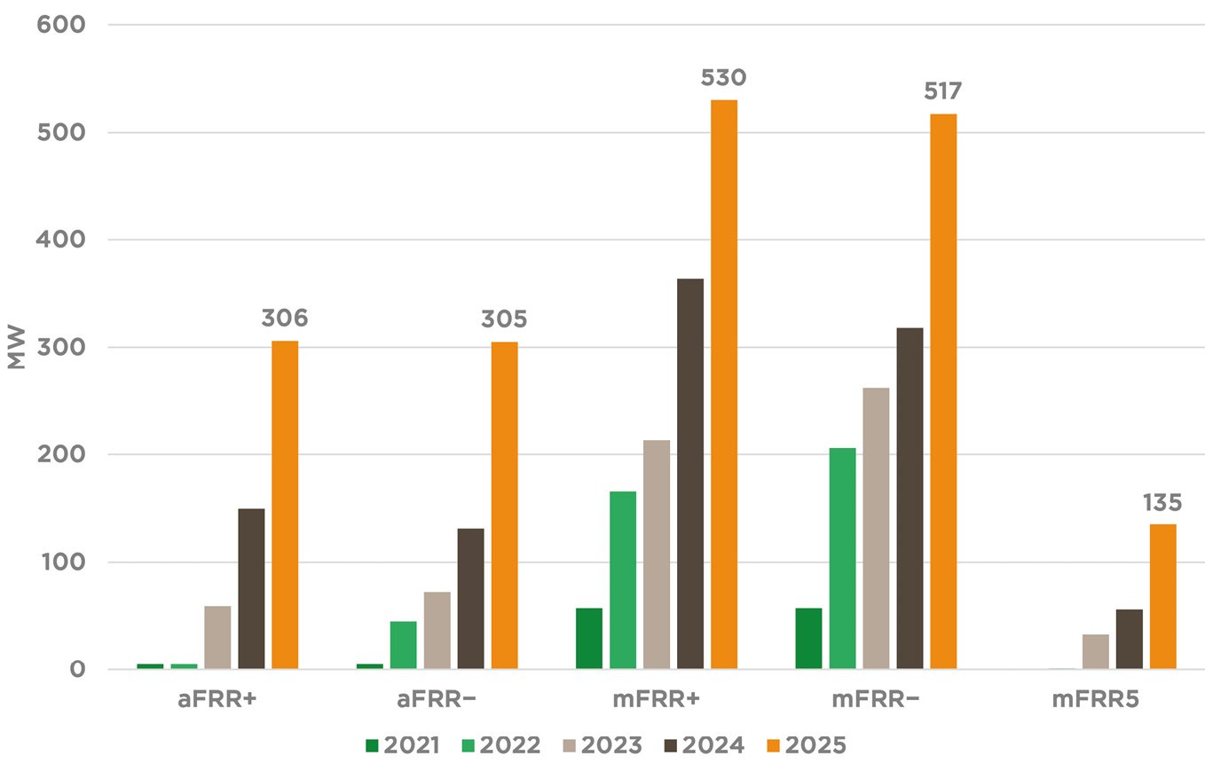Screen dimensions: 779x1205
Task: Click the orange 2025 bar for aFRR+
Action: pos(285,505)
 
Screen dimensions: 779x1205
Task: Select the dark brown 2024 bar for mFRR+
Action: pos(690,474)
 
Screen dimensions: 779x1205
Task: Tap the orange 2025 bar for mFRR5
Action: pos(1162,596)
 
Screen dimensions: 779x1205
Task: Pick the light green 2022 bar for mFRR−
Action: pos(843,558)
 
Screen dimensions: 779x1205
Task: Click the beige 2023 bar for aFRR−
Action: pos(437,630)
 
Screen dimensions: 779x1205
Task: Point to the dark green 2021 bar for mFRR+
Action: pos(589,638)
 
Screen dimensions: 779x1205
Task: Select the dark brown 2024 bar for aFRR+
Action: pos(251,588)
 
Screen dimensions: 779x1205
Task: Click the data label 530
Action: pos(724,78)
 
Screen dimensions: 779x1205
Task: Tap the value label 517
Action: pos(943,91)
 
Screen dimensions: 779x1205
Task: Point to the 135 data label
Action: pos(1162,503)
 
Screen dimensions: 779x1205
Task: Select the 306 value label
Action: pos(284,319)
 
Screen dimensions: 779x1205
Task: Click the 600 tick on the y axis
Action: pos(61,25)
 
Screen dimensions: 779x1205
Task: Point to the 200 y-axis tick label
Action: pos(61,454)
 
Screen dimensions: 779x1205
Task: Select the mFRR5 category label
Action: pos(1095,700)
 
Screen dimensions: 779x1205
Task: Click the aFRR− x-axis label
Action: pos(437,700)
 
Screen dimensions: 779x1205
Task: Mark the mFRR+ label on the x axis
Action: pos(657,700)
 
